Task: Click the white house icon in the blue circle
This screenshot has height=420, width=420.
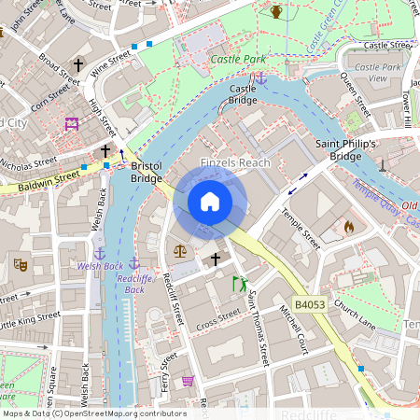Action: [x=210, y=202]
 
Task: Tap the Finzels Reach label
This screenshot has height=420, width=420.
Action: [x=235, y=163]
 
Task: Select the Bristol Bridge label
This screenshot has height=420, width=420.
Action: [x=147, y=172]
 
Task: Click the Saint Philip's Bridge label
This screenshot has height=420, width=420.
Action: [x=345, y=150]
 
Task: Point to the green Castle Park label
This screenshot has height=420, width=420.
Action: [x=238, y=59]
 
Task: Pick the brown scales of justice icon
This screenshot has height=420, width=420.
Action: [x=179, y=250]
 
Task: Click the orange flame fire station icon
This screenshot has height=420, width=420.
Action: [x=349, y=226]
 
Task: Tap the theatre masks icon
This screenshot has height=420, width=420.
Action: [x=20, y=264]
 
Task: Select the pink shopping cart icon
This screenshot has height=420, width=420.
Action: [x=189, y=382]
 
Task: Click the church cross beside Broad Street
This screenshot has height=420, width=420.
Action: [x=78, y=65]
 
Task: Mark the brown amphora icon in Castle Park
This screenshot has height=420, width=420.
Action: [x=276, y=11]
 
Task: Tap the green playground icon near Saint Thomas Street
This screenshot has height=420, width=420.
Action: [x=240, y=282]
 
